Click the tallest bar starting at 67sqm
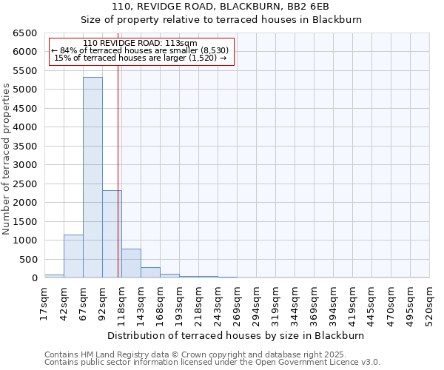pyautogui.click(x=92, y=178)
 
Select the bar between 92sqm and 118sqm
pyautogui.click(x=112, y=234)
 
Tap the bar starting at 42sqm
pyautogui.click(x=73, y=256)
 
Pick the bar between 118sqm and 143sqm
pyautogui.click(x=131, y=263)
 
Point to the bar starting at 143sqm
pyautogui.click(x=150, y=272)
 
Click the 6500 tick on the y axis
pyautogui.click(x=25, y=33)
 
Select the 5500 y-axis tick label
pyautogui.click(x=25, y=71)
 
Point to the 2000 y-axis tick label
pyautogui.click(x=25, y=203)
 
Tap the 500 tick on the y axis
pyautogui.click(x=28, y=260)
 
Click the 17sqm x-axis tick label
pyautogui.click(x=44, y=302)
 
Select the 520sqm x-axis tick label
pyautogui.click(x=429, y=302)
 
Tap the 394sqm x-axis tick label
pyautogui.click(x=333, y=302)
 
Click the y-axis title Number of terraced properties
pyautogui.click(x=7, y=159)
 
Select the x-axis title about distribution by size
pyautogui.click(x=241, y=335)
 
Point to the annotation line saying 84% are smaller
pyautogui.click(x=141, y=50)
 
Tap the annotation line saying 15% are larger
pyautogui.click(x=141, y=58)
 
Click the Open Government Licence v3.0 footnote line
pyautogui.click(x=212, y=362)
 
